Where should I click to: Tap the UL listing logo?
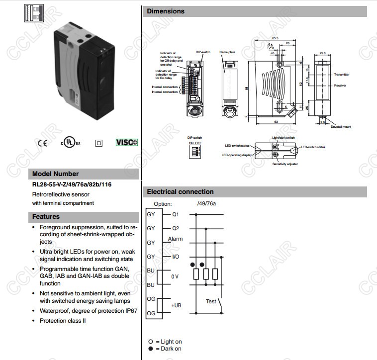coord(70,143)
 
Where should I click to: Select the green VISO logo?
coord(127,143)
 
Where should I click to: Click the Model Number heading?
coord(56,174)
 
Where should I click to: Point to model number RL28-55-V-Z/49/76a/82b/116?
coord(72,184)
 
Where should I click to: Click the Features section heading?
coord(46,217)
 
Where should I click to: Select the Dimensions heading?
coord(166,11)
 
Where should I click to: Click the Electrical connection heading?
coord(180,191)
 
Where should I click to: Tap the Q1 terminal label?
coord(175,214)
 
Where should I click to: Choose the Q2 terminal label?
coord(175,228)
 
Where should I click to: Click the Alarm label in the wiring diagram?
coord(175,239)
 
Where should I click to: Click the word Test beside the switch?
coord(211,301)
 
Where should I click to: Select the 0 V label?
coord(175,275)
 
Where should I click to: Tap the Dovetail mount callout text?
coord(340,127)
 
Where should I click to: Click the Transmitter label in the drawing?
coord(342,74)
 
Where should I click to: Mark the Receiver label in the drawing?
coord(340,86)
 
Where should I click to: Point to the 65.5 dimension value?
coord(275,38)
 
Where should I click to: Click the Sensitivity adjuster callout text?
coord(285,164)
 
